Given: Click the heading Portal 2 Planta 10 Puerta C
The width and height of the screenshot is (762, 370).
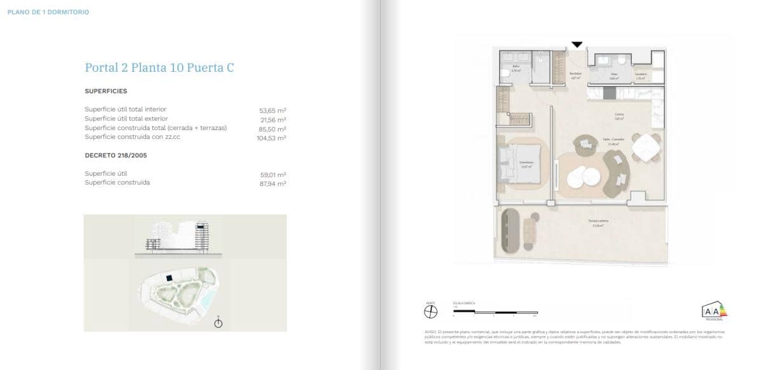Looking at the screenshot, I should (159, 67).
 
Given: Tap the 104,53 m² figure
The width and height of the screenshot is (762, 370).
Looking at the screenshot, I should (272, 137).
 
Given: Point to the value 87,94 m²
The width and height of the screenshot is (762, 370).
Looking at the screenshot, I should (273, 183).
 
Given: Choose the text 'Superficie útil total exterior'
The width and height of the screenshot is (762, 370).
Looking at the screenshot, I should (126, 119).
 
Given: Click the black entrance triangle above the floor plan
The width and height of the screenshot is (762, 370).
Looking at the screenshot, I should (577, 44).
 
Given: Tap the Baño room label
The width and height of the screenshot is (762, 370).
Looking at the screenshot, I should (516, 66).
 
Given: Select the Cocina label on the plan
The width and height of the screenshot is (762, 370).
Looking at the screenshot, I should (617, 115).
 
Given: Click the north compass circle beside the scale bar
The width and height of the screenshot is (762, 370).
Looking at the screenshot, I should (431, 312).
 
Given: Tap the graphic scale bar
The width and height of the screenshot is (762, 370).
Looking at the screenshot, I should (495, 312).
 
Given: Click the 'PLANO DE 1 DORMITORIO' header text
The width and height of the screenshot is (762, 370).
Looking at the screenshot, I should (48, 12).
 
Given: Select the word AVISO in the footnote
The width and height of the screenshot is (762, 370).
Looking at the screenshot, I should (431, 332).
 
